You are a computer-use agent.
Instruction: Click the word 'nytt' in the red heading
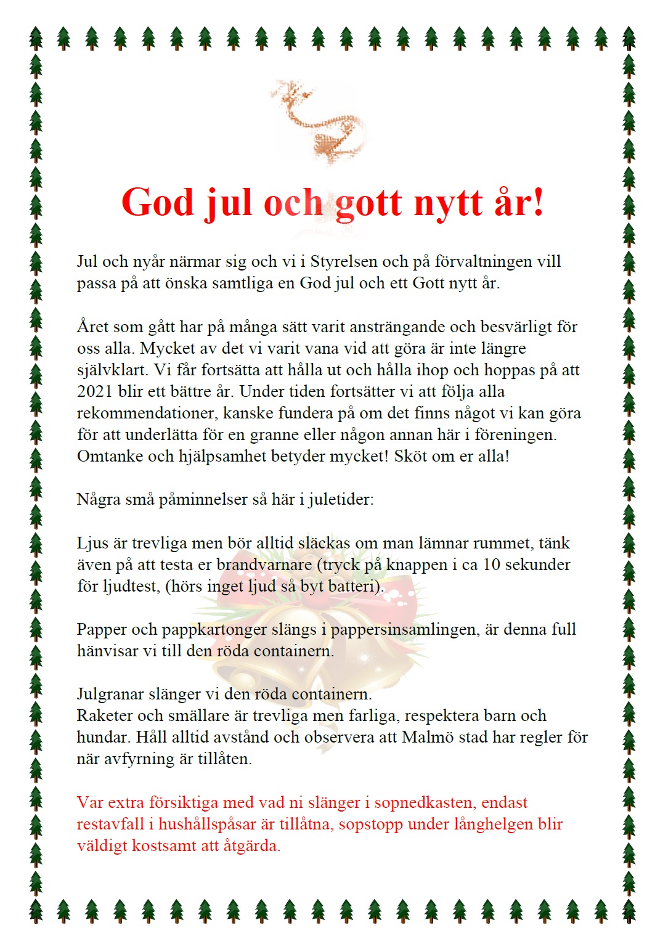pos(448,203)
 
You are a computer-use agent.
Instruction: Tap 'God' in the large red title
pos(157,202)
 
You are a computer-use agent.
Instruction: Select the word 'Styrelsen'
pos(344,261)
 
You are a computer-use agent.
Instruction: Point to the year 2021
pos(94,391)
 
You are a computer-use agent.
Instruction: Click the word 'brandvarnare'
pos(264,564)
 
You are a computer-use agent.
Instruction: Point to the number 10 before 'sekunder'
pos(492,564)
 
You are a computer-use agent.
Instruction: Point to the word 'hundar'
pos(101,737)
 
